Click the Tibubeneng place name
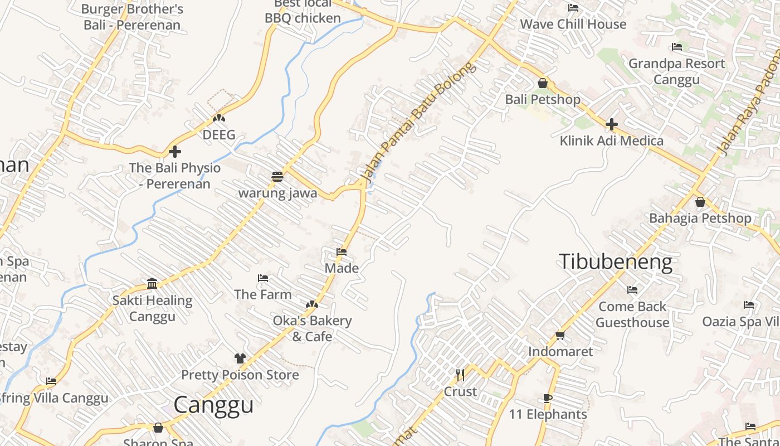tap(615, 261)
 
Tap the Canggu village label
tap(213, 405)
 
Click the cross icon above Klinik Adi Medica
tap(611, 124)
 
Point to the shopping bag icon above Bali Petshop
tap(542, 84)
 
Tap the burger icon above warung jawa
tap(277, 177)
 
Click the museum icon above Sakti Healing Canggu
tap(152, 284)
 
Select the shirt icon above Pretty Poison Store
tap(240, 358)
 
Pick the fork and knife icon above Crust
tap(460, 375)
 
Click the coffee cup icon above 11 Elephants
tap(548, 398)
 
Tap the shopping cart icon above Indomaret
tap(560, 335)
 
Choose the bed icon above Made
tap(342, 252)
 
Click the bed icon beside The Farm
tap(263, 278)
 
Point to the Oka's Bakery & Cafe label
tap(312, 328)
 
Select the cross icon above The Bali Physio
tap(175, 152)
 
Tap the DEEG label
tap(219, 134)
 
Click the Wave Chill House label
tap(573, 24)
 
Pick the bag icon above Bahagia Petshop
tap(700, 202)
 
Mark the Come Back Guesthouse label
tap(632, 314)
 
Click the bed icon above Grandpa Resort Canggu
tap(677, 47)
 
